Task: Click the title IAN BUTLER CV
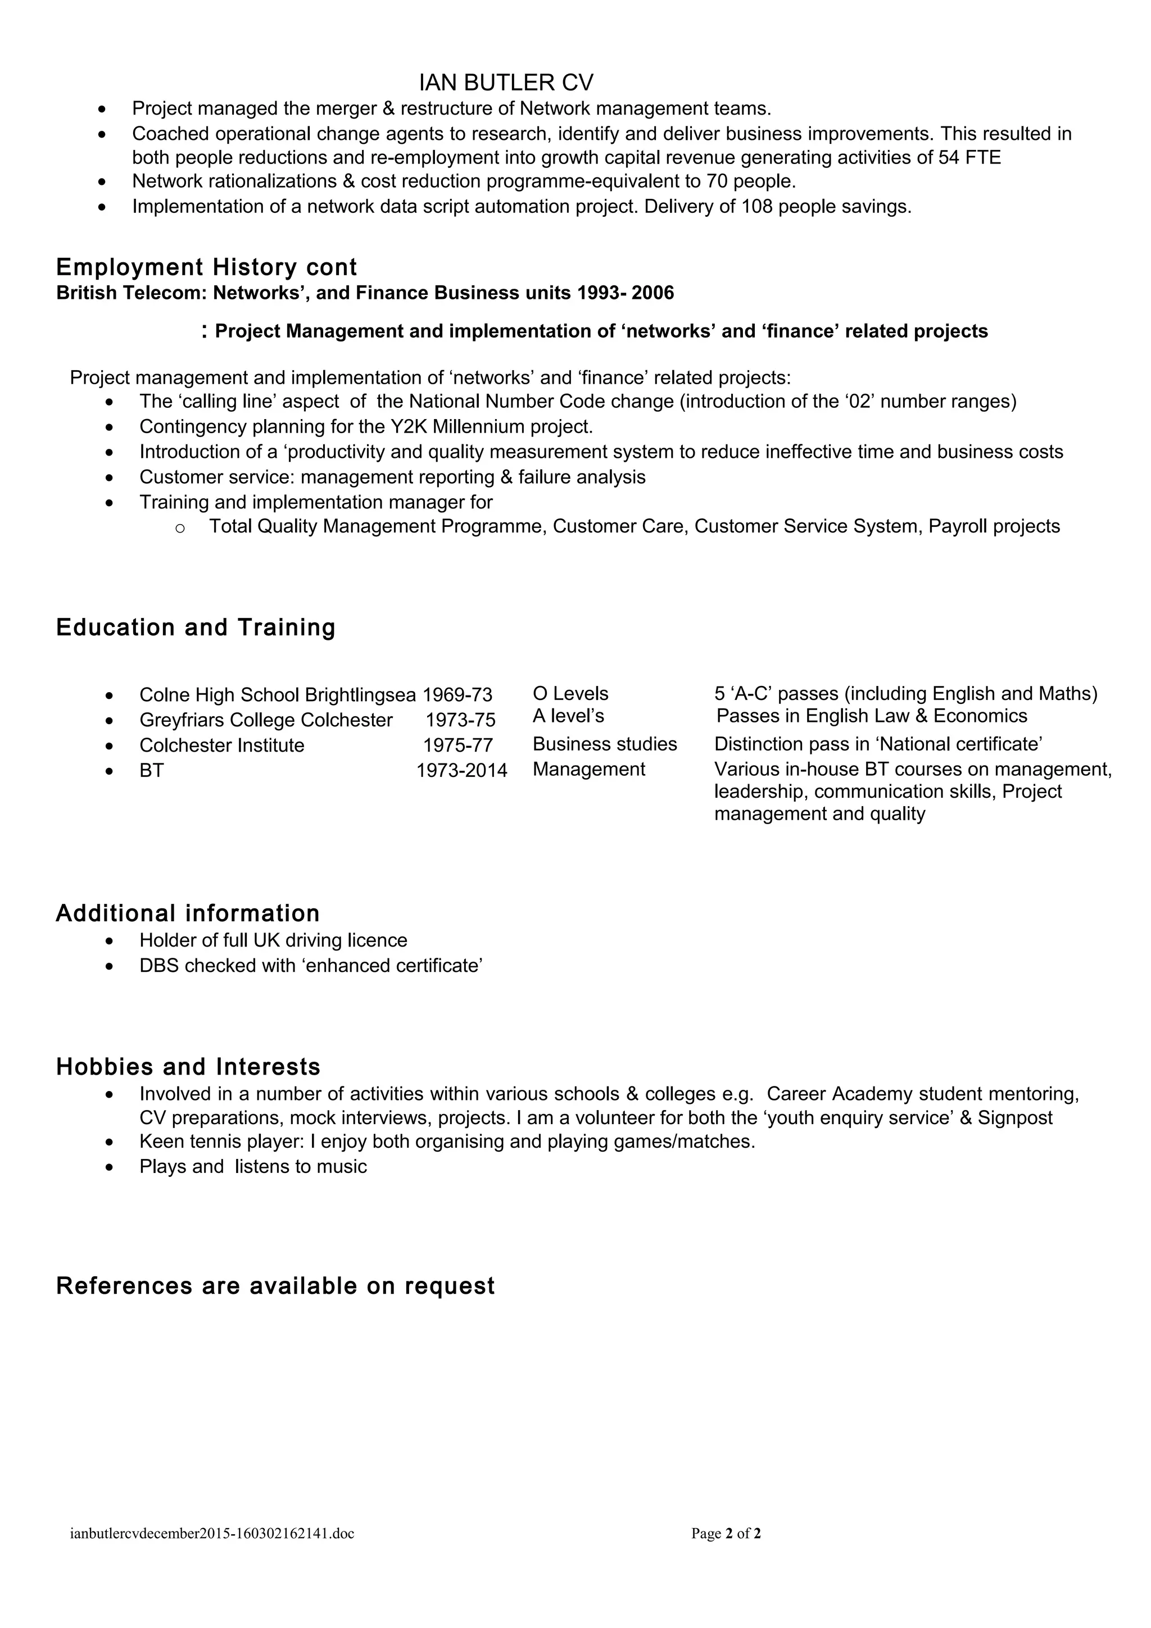click(506, 83)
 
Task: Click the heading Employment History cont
click(206, 267)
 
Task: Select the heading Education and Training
click(195, 627)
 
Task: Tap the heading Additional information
click(187, 913)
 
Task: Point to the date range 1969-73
click(457, 695)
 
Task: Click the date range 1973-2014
click(461, 771)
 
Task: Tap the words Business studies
click(604, 744)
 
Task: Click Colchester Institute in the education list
click(221, 745)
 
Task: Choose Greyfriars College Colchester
click(266, 720)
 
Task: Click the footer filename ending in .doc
click(212, 1534)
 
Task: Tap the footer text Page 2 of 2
click(726, 1534)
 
